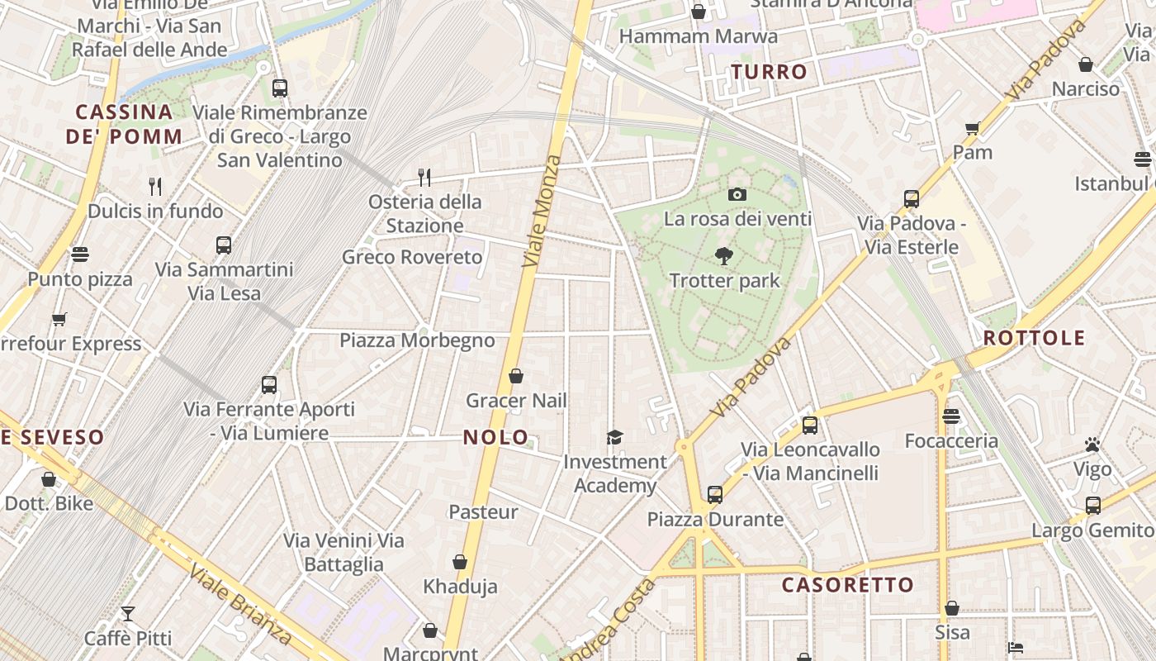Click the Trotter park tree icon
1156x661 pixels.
pos(724,256)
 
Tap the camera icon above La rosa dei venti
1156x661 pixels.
pos(737,195)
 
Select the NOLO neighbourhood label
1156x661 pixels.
pos(495,437)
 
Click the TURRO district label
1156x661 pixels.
pos(769,72)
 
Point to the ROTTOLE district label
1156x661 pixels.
pos(1034,338)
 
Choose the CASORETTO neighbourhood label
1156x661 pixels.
pos(848,585)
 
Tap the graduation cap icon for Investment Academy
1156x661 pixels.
pos(614,437)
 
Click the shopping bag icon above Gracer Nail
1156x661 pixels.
pos(516,377)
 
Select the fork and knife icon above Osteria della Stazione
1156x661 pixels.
pos(424,177)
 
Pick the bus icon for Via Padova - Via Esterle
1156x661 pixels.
pos(912,199)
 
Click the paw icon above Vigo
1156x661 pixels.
pos(1092,445)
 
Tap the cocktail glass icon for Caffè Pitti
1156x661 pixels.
pos(128,614)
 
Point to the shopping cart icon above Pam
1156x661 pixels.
pos(972,128)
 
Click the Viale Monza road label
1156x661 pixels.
pos(542,212)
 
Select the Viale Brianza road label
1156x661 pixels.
pos(239,604)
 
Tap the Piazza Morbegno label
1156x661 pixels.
pos(417,340)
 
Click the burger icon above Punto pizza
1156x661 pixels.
pos(80,254)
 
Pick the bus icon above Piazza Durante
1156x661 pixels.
pos(715,495)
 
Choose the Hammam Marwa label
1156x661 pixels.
pos(698,36)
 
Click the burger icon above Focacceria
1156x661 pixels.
pos(951,416)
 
